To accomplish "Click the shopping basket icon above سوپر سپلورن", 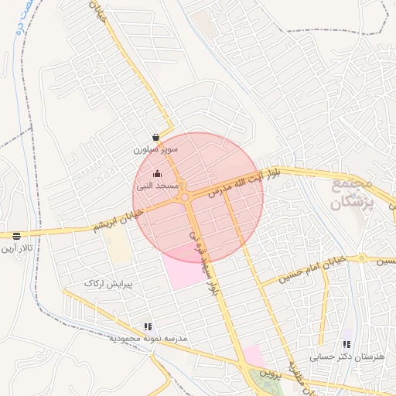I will (156, 136).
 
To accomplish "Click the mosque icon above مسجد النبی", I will (158, 174).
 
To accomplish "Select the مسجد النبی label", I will (158, 186).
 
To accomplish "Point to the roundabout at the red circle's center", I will (186, 197).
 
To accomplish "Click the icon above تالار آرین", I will (16, 236).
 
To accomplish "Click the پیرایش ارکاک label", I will (109, 284).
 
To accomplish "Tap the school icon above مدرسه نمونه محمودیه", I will (148, 327).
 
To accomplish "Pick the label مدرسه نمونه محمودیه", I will (148, 339).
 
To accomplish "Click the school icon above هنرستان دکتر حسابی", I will (346, 344).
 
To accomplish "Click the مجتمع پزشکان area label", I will (353, 193).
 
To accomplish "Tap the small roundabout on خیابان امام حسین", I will (360, 258).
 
